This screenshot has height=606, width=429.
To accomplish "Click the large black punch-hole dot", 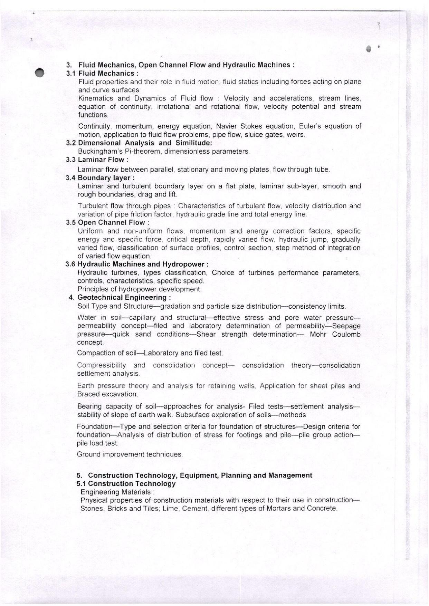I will [x=39, y=73].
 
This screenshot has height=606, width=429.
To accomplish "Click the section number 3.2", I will [x=71, y=143].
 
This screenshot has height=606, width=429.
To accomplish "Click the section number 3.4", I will [x=71, y=178].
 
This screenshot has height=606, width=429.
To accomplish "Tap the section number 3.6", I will [x=70, y=264].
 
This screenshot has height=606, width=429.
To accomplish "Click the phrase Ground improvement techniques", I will [x=129, y=454].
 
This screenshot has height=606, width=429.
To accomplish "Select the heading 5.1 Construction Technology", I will [x=126, y=484].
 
